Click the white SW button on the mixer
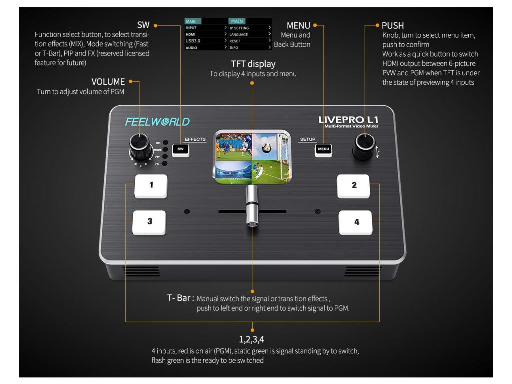coord(180,149)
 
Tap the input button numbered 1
coord(151,186)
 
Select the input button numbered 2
coord(354,186)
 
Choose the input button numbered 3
coord(149,222)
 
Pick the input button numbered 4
coord(356,222)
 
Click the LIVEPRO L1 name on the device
coord(348,120)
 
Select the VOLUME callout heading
coord(108,81)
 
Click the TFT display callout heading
coord(253,64)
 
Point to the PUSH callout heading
coord(393,25)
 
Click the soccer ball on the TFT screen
coord(266,148)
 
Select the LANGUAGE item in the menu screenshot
coord(239,35)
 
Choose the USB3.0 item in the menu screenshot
coord(192,41)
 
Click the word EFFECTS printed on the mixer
coord(195,139)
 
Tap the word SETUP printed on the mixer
coord(308,139)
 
